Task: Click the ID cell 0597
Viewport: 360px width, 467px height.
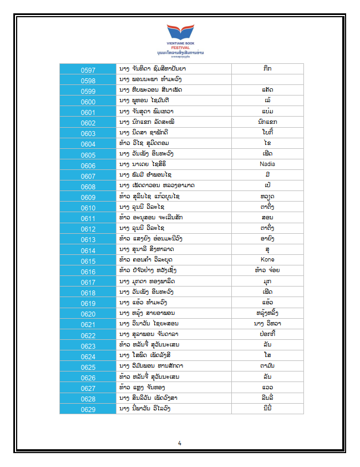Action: [x=88, y=70]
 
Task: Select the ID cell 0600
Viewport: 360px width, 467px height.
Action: [x=88, y=102]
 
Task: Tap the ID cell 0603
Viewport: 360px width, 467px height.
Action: [x=88, y=134]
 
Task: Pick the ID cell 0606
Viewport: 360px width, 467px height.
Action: [x=88, y=165]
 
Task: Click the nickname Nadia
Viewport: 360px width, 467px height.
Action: [x=267, y=164]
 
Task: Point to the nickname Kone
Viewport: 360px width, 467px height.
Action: [x=267, y=260]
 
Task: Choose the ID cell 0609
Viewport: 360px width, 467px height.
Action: [x=88, y=197]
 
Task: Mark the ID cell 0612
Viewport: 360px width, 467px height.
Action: [x=88, y=229]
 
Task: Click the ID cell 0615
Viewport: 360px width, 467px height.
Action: [x=88, y=261]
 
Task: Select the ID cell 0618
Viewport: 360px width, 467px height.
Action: [x=88, y=293]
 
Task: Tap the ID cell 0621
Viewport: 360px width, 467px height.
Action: [x=88, y=324]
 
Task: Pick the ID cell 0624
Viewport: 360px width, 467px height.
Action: [x=88, y=356]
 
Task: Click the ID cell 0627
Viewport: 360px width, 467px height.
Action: [x=88, y=388]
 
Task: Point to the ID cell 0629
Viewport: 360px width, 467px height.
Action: [x=88, y=409]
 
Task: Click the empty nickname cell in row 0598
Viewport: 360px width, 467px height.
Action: [x=267, y=80]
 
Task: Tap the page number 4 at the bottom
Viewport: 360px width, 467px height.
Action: [x=180, y=443]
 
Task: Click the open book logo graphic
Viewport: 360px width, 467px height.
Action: [x=180, y=32]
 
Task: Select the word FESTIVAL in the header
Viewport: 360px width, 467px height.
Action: [x=180, y=47]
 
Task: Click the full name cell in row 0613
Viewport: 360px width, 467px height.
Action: [x=174, y=239]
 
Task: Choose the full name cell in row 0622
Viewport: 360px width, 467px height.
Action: [x=174, y=334]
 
